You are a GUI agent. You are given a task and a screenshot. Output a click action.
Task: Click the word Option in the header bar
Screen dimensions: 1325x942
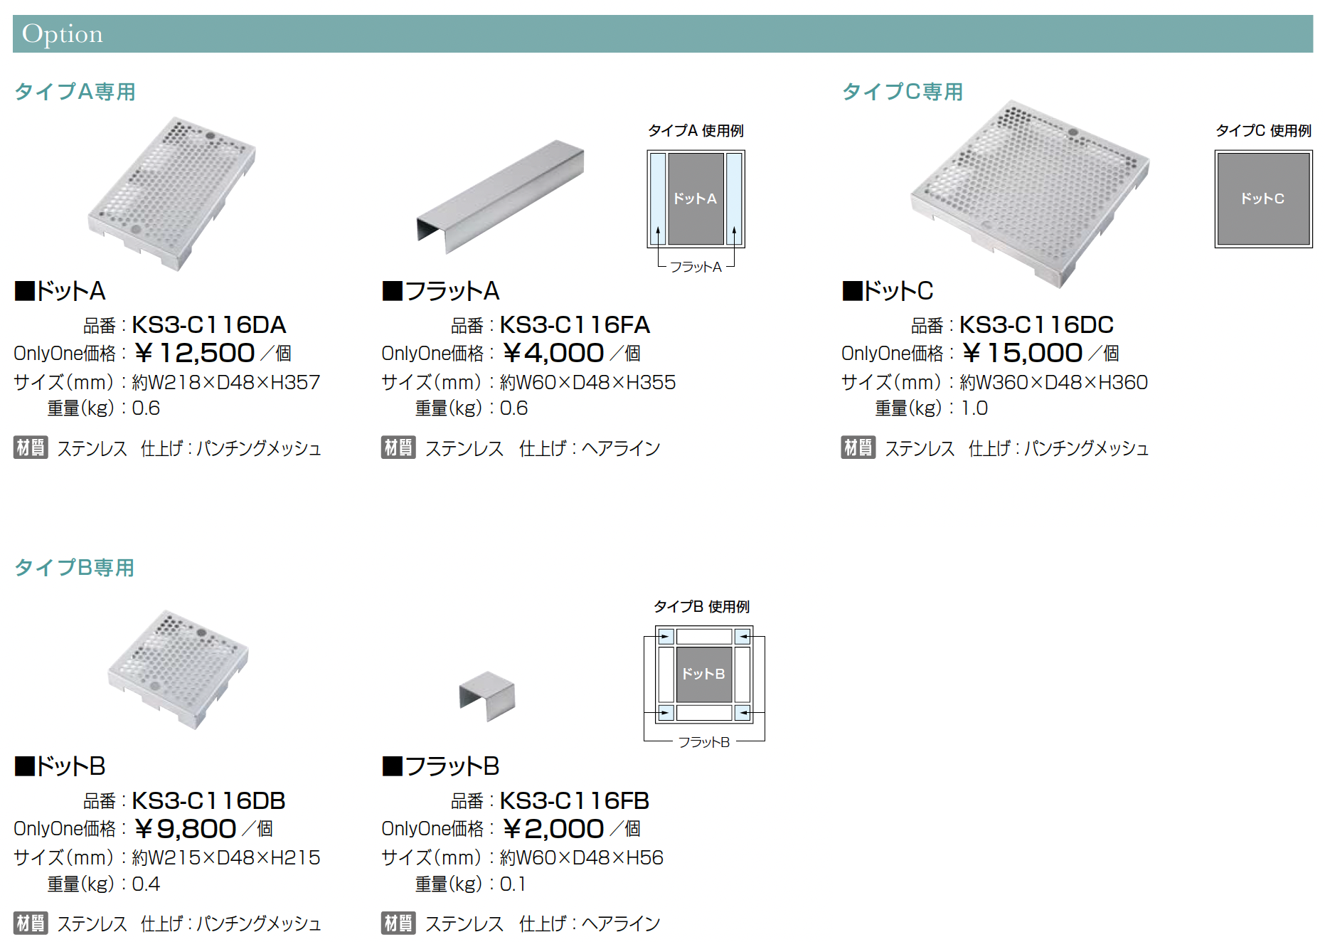coord(63,34)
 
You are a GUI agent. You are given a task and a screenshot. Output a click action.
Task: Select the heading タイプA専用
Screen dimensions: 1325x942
coord(75,92)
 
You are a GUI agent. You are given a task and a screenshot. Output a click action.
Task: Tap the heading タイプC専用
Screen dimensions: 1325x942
coord(903,92)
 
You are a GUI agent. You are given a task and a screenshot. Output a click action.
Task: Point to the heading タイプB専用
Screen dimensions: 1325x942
coord(75,568)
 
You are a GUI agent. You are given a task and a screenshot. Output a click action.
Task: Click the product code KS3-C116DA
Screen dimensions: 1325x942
coord(209,325)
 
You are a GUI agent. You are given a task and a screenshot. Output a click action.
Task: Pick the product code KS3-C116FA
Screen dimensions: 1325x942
coord(575,325)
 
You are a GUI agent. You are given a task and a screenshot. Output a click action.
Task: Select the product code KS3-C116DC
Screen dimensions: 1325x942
coord(1036,325)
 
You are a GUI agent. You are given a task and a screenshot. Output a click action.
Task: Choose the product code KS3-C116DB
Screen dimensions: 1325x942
coord(209,801)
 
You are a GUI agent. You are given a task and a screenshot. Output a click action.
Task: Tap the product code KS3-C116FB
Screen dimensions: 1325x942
coord(575,801)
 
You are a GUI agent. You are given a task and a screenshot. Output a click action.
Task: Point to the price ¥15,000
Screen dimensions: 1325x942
coord(1022,353)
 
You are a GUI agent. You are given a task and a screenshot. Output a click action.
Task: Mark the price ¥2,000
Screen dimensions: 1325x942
coord(553,829)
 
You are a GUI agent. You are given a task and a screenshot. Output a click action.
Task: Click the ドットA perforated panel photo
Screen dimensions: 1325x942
coord(172,194)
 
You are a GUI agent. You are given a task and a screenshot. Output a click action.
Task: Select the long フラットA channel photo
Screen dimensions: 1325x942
coord(500,196)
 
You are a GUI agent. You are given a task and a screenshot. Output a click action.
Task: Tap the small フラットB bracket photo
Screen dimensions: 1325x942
coord(487,696)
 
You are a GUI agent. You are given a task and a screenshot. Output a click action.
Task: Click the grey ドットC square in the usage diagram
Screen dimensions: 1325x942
coord(1263,199)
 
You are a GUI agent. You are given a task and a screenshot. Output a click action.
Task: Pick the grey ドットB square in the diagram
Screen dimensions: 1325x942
coord(704,674)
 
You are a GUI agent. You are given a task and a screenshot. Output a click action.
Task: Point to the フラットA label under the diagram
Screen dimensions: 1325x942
coord(696,267)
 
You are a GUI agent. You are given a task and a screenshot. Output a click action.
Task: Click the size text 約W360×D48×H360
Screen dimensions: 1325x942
coord(1053,383)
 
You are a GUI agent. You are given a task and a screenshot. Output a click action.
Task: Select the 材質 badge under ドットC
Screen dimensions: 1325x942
coord(858,448)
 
